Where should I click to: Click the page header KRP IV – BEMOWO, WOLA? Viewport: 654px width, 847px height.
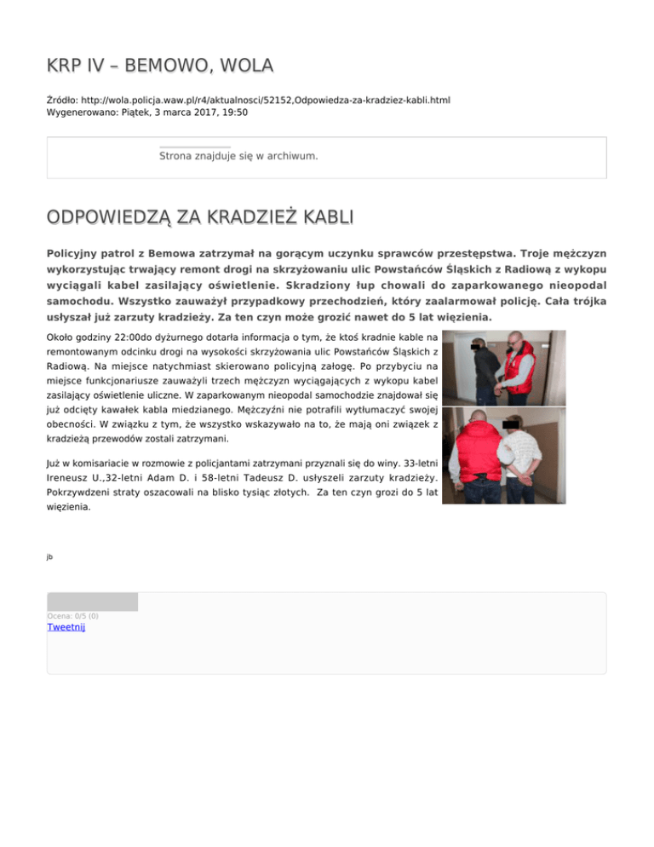(160, 66)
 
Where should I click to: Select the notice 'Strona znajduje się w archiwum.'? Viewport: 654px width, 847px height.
(238, 157)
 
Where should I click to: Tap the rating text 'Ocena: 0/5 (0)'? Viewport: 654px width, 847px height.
(72, 615)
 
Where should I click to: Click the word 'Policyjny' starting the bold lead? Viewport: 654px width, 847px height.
(79, 254)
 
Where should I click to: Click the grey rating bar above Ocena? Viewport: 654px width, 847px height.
(92, 602)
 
